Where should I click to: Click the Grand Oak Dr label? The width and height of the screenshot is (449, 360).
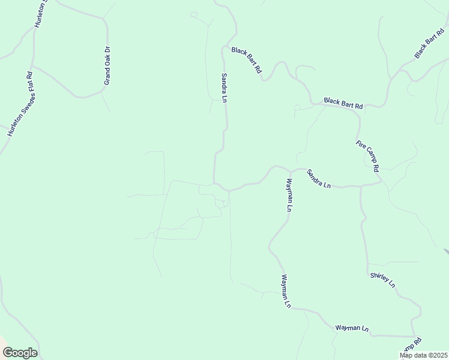[107, 65]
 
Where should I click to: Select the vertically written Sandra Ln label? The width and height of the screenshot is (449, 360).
[224, 88]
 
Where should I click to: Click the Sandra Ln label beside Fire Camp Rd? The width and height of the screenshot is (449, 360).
[319, 179]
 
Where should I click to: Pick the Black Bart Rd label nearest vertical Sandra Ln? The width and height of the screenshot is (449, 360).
[247, 60]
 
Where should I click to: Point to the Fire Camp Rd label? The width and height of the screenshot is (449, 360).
[368, 156]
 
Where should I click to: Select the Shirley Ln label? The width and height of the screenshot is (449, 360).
[382, 279]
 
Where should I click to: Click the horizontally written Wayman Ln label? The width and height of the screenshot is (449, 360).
[351, 328]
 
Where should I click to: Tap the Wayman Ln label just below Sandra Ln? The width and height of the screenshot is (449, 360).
[289, 195]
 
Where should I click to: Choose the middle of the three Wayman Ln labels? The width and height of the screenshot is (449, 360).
[285, 291]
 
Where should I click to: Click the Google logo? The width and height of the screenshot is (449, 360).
[20, 353]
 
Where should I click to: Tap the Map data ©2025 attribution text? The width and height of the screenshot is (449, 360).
[423, 355]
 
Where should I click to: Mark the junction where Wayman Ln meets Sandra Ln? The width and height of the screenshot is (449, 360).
[291, 170]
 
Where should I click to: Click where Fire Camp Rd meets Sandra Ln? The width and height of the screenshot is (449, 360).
[381, 182]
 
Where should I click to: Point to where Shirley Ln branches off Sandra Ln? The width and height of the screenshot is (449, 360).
[361, 186]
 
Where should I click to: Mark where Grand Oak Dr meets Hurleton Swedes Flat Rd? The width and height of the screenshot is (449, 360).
[32, 66]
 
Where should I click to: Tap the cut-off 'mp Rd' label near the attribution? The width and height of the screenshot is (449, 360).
[411, 347]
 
